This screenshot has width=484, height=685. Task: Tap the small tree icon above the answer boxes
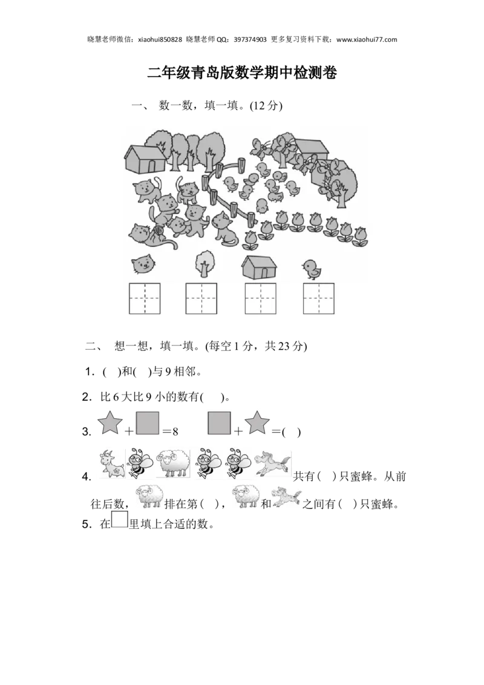(204, 264)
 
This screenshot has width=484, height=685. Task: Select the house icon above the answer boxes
(260, 266)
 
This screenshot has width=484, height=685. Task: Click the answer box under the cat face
(145, 298)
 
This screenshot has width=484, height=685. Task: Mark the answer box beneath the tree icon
(201, 298)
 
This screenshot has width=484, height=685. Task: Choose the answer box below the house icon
(260, 298)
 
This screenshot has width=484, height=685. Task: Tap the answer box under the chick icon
(319, 298)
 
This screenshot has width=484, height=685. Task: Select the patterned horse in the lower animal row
(287, 496)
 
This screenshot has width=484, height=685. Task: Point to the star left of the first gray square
(110, 421)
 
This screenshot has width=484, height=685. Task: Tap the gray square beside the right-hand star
(219, 422)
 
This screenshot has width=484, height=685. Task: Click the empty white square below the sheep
(119, 520)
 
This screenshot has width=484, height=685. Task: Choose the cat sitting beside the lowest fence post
(224, 230)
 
